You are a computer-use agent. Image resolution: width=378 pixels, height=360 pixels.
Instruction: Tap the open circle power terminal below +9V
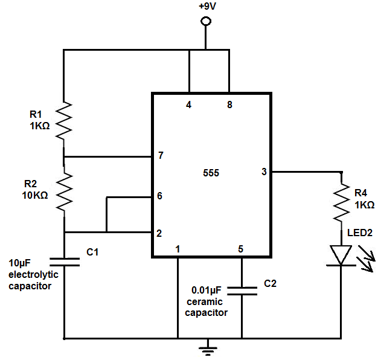coord(206,22)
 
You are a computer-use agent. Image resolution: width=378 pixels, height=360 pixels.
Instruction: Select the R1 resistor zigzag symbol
coord(64,120)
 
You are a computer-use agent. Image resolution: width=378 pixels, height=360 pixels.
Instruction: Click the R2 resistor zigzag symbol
coord(64,191)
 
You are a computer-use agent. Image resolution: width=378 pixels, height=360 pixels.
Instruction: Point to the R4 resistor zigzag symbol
coord(342,202)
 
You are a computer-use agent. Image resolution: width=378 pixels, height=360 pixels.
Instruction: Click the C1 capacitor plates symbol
coord(64,262)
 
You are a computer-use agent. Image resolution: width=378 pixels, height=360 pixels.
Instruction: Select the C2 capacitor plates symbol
coord(242,291)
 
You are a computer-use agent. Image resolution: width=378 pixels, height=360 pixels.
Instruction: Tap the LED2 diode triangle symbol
coord(342,254)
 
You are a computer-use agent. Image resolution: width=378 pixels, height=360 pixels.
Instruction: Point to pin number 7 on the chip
coord(161,156)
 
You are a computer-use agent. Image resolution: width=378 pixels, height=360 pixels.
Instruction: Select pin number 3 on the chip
coord(263,172)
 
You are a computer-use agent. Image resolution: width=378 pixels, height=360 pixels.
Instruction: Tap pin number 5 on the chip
coord(241,249)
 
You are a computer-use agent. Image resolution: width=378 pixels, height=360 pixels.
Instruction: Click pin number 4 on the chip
coord(189,104)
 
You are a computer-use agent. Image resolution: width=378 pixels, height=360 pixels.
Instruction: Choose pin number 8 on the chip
coord(229,104)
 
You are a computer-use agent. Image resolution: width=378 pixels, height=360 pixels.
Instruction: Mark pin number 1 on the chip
coord(178,249)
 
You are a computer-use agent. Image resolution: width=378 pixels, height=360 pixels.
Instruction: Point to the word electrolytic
coord(30,275)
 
